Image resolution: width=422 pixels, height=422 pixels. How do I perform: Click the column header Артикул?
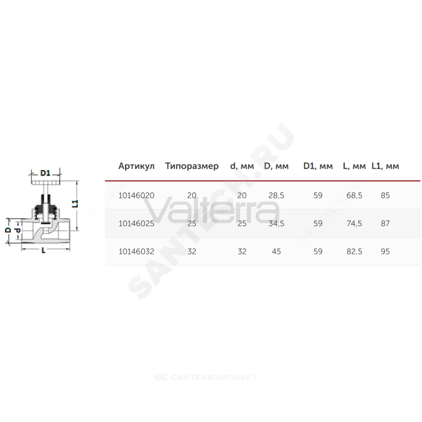[136, 166]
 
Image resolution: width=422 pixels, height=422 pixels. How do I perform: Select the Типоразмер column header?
[192, 166]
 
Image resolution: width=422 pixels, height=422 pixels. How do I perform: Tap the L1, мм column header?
[385, 166]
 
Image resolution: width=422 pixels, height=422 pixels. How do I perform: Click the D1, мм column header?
[318, 166]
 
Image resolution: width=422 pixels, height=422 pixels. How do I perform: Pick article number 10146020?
[136, 195]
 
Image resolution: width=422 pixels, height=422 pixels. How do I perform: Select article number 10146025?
[136, 223]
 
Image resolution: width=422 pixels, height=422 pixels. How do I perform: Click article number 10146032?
[136, 252]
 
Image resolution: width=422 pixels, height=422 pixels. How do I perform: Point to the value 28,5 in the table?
[276, 196]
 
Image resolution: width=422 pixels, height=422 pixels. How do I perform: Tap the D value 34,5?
[276, 224]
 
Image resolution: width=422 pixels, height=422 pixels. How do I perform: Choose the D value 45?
[276, 252]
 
